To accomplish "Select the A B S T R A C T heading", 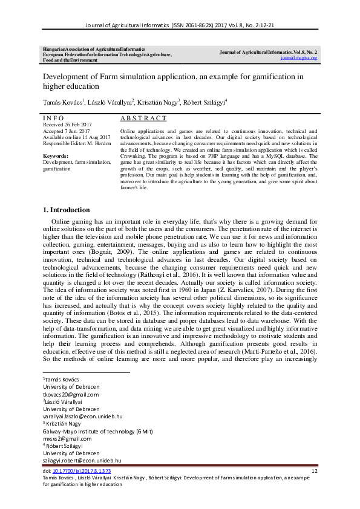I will (143, 118).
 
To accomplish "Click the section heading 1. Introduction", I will (66, 210).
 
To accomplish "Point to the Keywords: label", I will (55, 156).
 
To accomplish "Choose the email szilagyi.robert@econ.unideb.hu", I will (82, 461).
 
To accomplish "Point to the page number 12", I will (314, 470).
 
